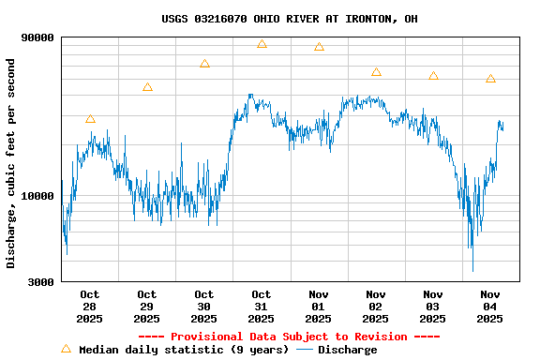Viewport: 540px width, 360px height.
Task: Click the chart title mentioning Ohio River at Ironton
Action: click(289, 19)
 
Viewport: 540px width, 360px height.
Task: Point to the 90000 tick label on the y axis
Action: click(38, 37)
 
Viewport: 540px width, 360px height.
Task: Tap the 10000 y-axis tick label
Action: click(38, 196)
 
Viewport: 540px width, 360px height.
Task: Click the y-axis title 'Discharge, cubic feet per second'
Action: click(11, 163)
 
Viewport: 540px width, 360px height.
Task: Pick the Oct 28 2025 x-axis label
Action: click(90, 307)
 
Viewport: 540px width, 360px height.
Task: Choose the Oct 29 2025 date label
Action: click(147, 307)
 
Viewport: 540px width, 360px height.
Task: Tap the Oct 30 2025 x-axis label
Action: click(204, 307)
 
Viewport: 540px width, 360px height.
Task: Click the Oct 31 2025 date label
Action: click(262, 307)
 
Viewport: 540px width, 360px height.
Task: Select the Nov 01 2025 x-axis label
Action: click(319, 307)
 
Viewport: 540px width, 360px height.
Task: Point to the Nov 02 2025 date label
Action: click(376, 307)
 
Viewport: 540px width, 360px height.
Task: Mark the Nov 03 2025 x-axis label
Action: click(433, 307)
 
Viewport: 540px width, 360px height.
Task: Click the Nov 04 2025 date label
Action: click(490, 307)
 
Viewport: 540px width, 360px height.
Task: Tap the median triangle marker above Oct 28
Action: click(90, 119)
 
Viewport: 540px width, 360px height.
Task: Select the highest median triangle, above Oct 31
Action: click(262, 44)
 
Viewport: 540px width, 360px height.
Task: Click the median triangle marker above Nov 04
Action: click(490, 79)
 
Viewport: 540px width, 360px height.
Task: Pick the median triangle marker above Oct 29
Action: click(147, 87)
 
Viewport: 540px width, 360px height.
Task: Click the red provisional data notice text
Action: click(289, 337)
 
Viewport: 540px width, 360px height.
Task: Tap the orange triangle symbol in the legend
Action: click(66, 349)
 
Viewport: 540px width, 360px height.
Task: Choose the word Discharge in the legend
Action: click(347, 350)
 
